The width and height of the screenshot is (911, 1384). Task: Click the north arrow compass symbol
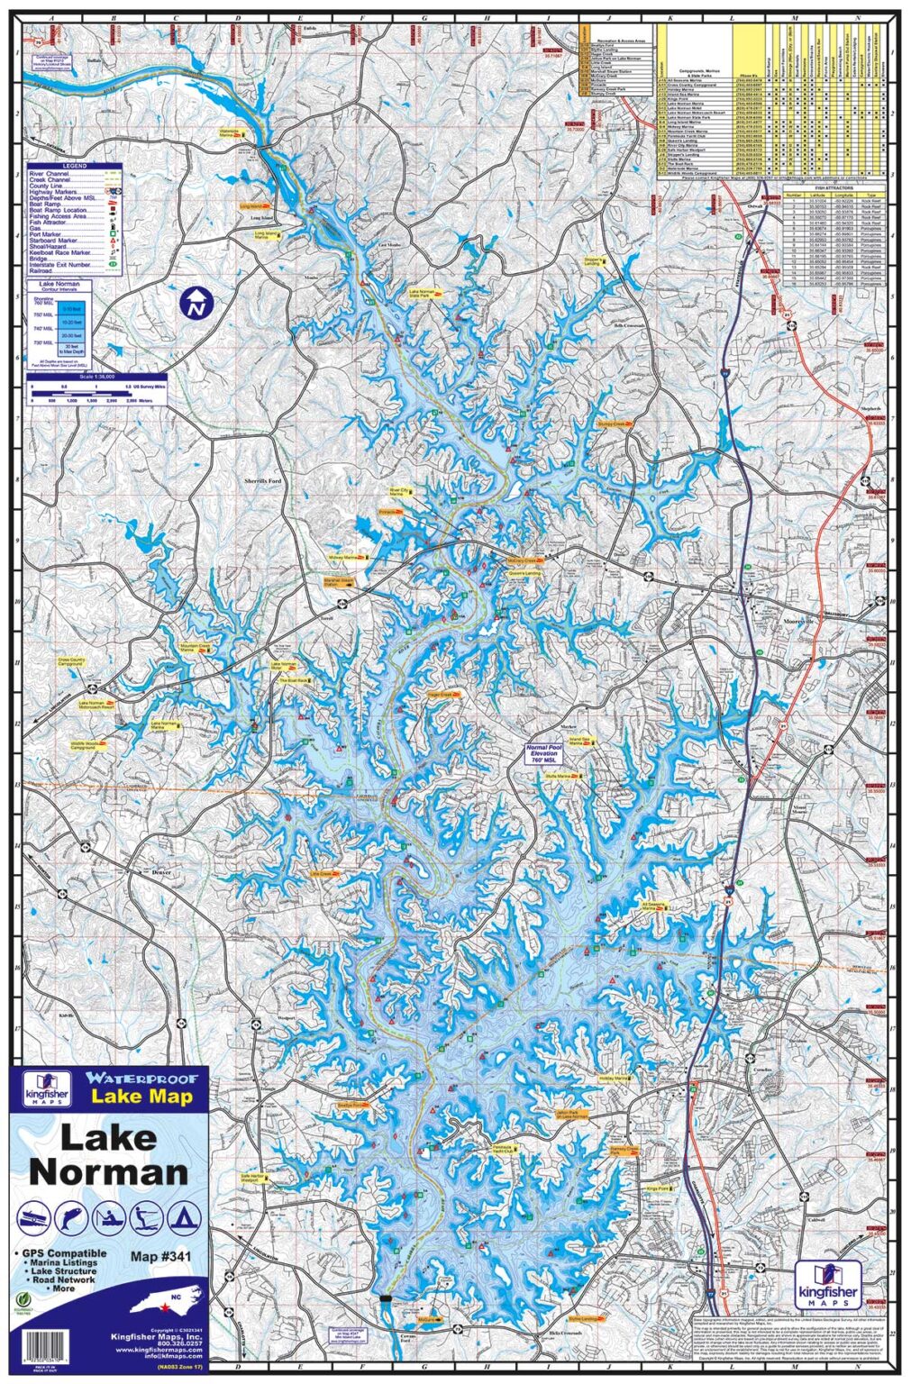click(x=194, y=303)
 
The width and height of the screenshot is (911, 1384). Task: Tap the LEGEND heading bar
click(x=74, y=167)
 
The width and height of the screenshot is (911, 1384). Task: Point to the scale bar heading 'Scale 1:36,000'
click(x=97, y=377)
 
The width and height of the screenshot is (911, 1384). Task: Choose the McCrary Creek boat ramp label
click(x=525, y=560)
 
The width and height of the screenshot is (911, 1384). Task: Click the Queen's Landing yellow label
click(x=526, y=573)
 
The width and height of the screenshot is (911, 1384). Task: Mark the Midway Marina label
click(x=347, y=558)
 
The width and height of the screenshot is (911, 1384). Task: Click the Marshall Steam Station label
click(x=340, y=582)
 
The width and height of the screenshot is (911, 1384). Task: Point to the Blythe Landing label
click(x=587, y=1318)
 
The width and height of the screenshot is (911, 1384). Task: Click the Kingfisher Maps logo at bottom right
click(x=827, y=1280)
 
